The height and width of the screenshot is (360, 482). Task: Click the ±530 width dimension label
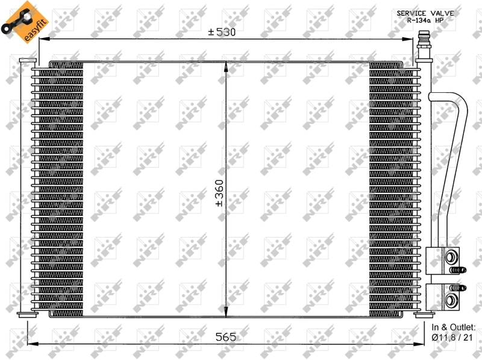click(x=222, y=32)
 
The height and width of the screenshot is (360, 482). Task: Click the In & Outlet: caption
click(x=454, y=327)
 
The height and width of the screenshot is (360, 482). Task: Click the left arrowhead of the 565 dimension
click(x=31, y=343)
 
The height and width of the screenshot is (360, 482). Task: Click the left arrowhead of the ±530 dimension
click(x=42, y=39)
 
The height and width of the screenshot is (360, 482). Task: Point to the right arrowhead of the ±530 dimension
click(x=412, y=39)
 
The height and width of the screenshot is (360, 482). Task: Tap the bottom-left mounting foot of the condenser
click(x=27, y=314)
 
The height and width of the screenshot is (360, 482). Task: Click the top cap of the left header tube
click(x=27, y=60)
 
